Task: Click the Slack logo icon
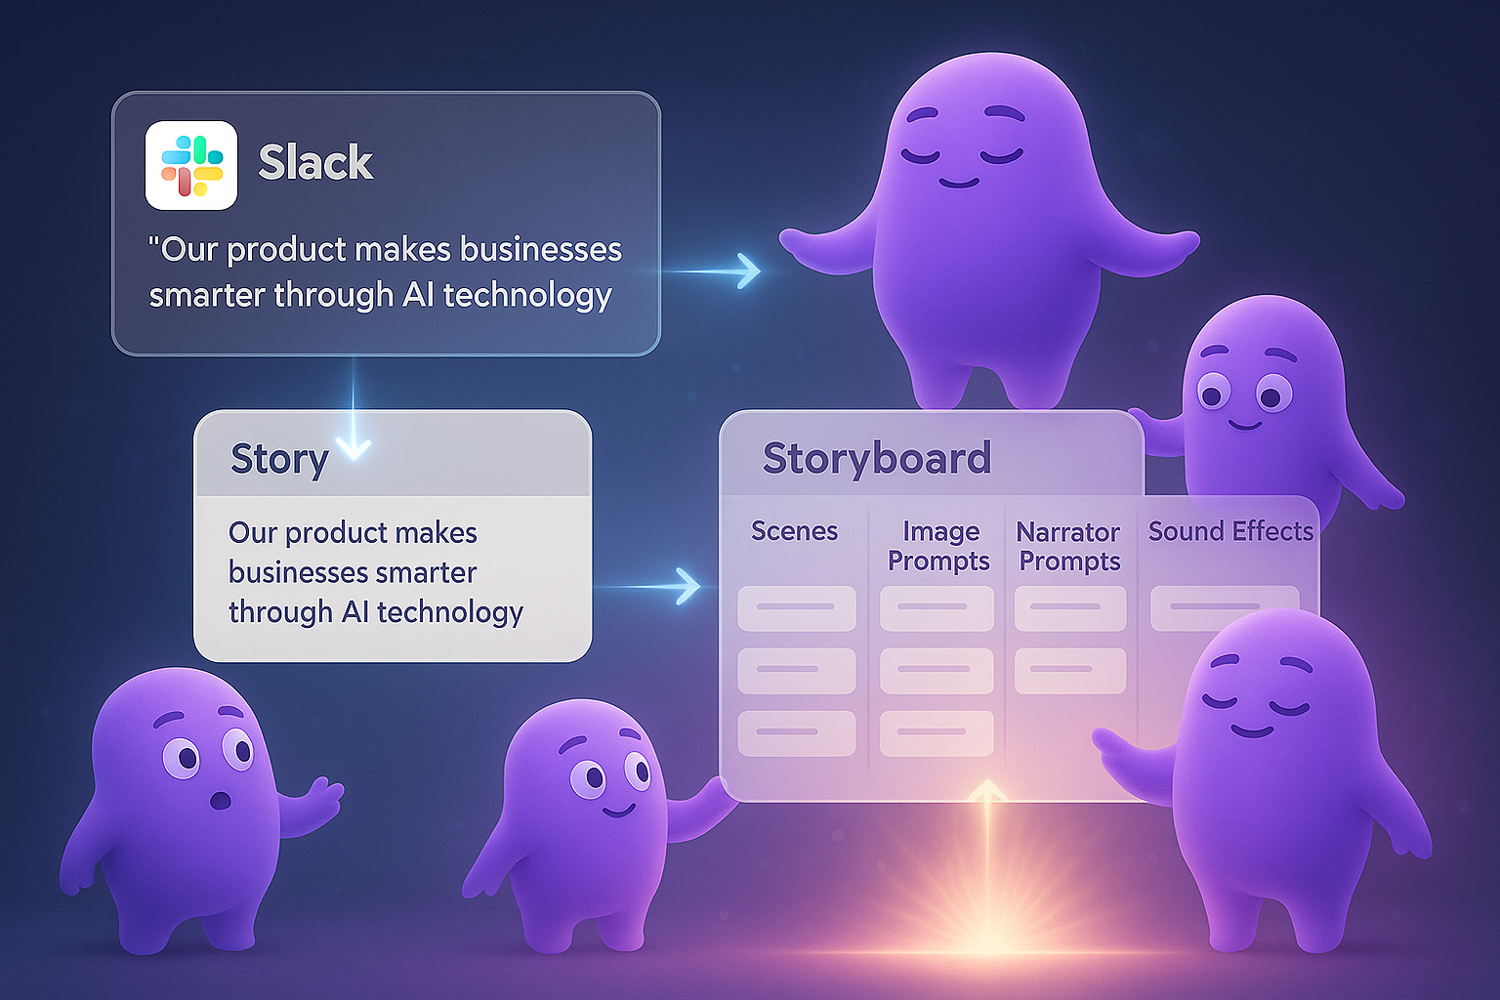191,165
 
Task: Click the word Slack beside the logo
315,162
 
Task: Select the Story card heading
279,458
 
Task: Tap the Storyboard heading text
876,458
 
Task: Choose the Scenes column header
794,531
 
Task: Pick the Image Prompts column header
938,546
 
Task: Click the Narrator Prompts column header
1069,547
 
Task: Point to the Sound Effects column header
1230,531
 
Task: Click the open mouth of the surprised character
222,801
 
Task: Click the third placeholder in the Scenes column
796,732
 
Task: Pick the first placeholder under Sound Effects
1224,607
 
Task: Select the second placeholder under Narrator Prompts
1069,670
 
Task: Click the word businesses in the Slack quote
541,250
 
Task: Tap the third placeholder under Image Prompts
936,732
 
